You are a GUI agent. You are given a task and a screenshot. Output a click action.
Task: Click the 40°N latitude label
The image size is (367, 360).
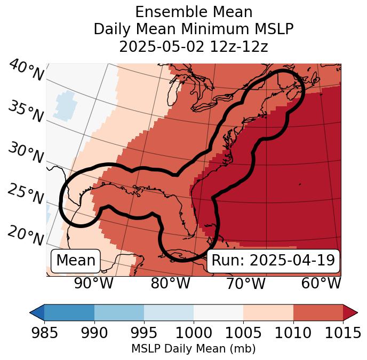(x=26, y=71)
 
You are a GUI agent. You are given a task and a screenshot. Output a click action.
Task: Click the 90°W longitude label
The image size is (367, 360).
(x=93, y=283)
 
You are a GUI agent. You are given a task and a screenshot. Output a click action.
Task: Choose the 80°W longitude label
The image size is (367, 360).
(x=171, y=283)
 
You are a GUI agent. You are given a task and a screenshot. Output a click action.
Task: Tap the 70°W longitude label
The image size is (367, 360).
(x=246, y=283)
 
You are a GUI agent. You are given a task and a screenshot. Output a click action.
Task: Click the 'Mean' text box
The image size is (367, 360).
(x=76, y=261)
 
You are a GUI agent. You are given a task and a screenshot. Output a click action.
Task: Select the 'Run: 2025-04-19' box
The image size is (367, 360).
(x=273, y=261)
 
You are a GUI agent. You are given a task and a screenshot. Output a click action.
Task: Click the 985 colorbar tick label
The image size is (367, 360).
(x=44, y=333)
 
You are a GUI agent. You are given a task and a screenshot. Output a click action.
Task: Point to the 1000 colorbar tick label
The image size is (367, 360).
(x=194, y=333)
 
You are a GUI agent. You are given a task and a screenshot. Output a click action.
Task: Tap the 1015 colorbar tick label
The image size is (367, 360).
(x=343, y=333)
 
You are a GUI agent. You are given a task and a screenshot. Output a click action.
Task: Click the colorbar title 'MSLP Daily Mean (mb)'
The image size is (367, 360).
(x=193, y=349)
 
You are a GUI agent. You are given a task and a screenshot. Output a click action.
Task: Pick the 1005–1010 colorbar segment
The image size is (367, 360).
(x=268, y=312)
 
